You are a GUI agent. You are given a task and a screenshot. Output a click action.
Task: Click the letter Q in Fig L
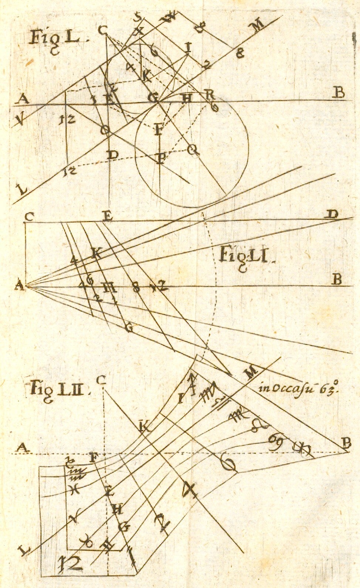click(x=191, y=150)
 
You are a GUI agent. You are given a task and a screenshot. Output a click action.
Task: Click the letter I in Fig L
click(x=188, y=47)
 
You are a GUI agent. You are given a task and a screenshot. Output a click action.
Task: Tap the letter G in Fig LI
click(x=129, y=328)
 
